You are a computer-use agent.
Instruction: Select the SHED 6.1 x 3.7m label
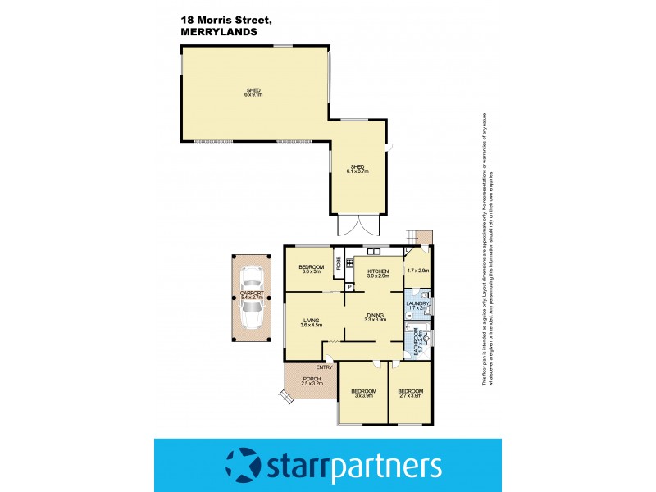pos(358,169)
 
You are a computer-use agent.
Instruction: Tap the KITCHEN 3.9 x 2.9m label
pos(377,274)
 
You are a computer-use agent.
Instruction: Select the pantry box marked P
pos(348,286)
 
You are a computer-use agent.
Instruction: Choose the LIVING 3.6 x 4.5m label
pos(310,322)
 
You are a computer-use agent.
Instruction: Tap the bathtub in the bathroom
pos(410,336)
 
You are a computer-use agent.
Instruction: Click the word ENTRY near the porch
pos(326,367)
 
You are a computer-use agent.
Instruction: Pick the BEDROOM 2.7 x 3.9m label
pos(409,393)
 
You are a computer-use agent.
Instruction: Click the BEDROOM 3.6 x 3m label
pos(310,270)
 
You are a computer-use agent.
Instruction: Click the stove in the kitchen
pos(373,251)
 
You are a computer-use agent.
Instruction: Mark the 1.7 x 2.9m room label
pos(418,270)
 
